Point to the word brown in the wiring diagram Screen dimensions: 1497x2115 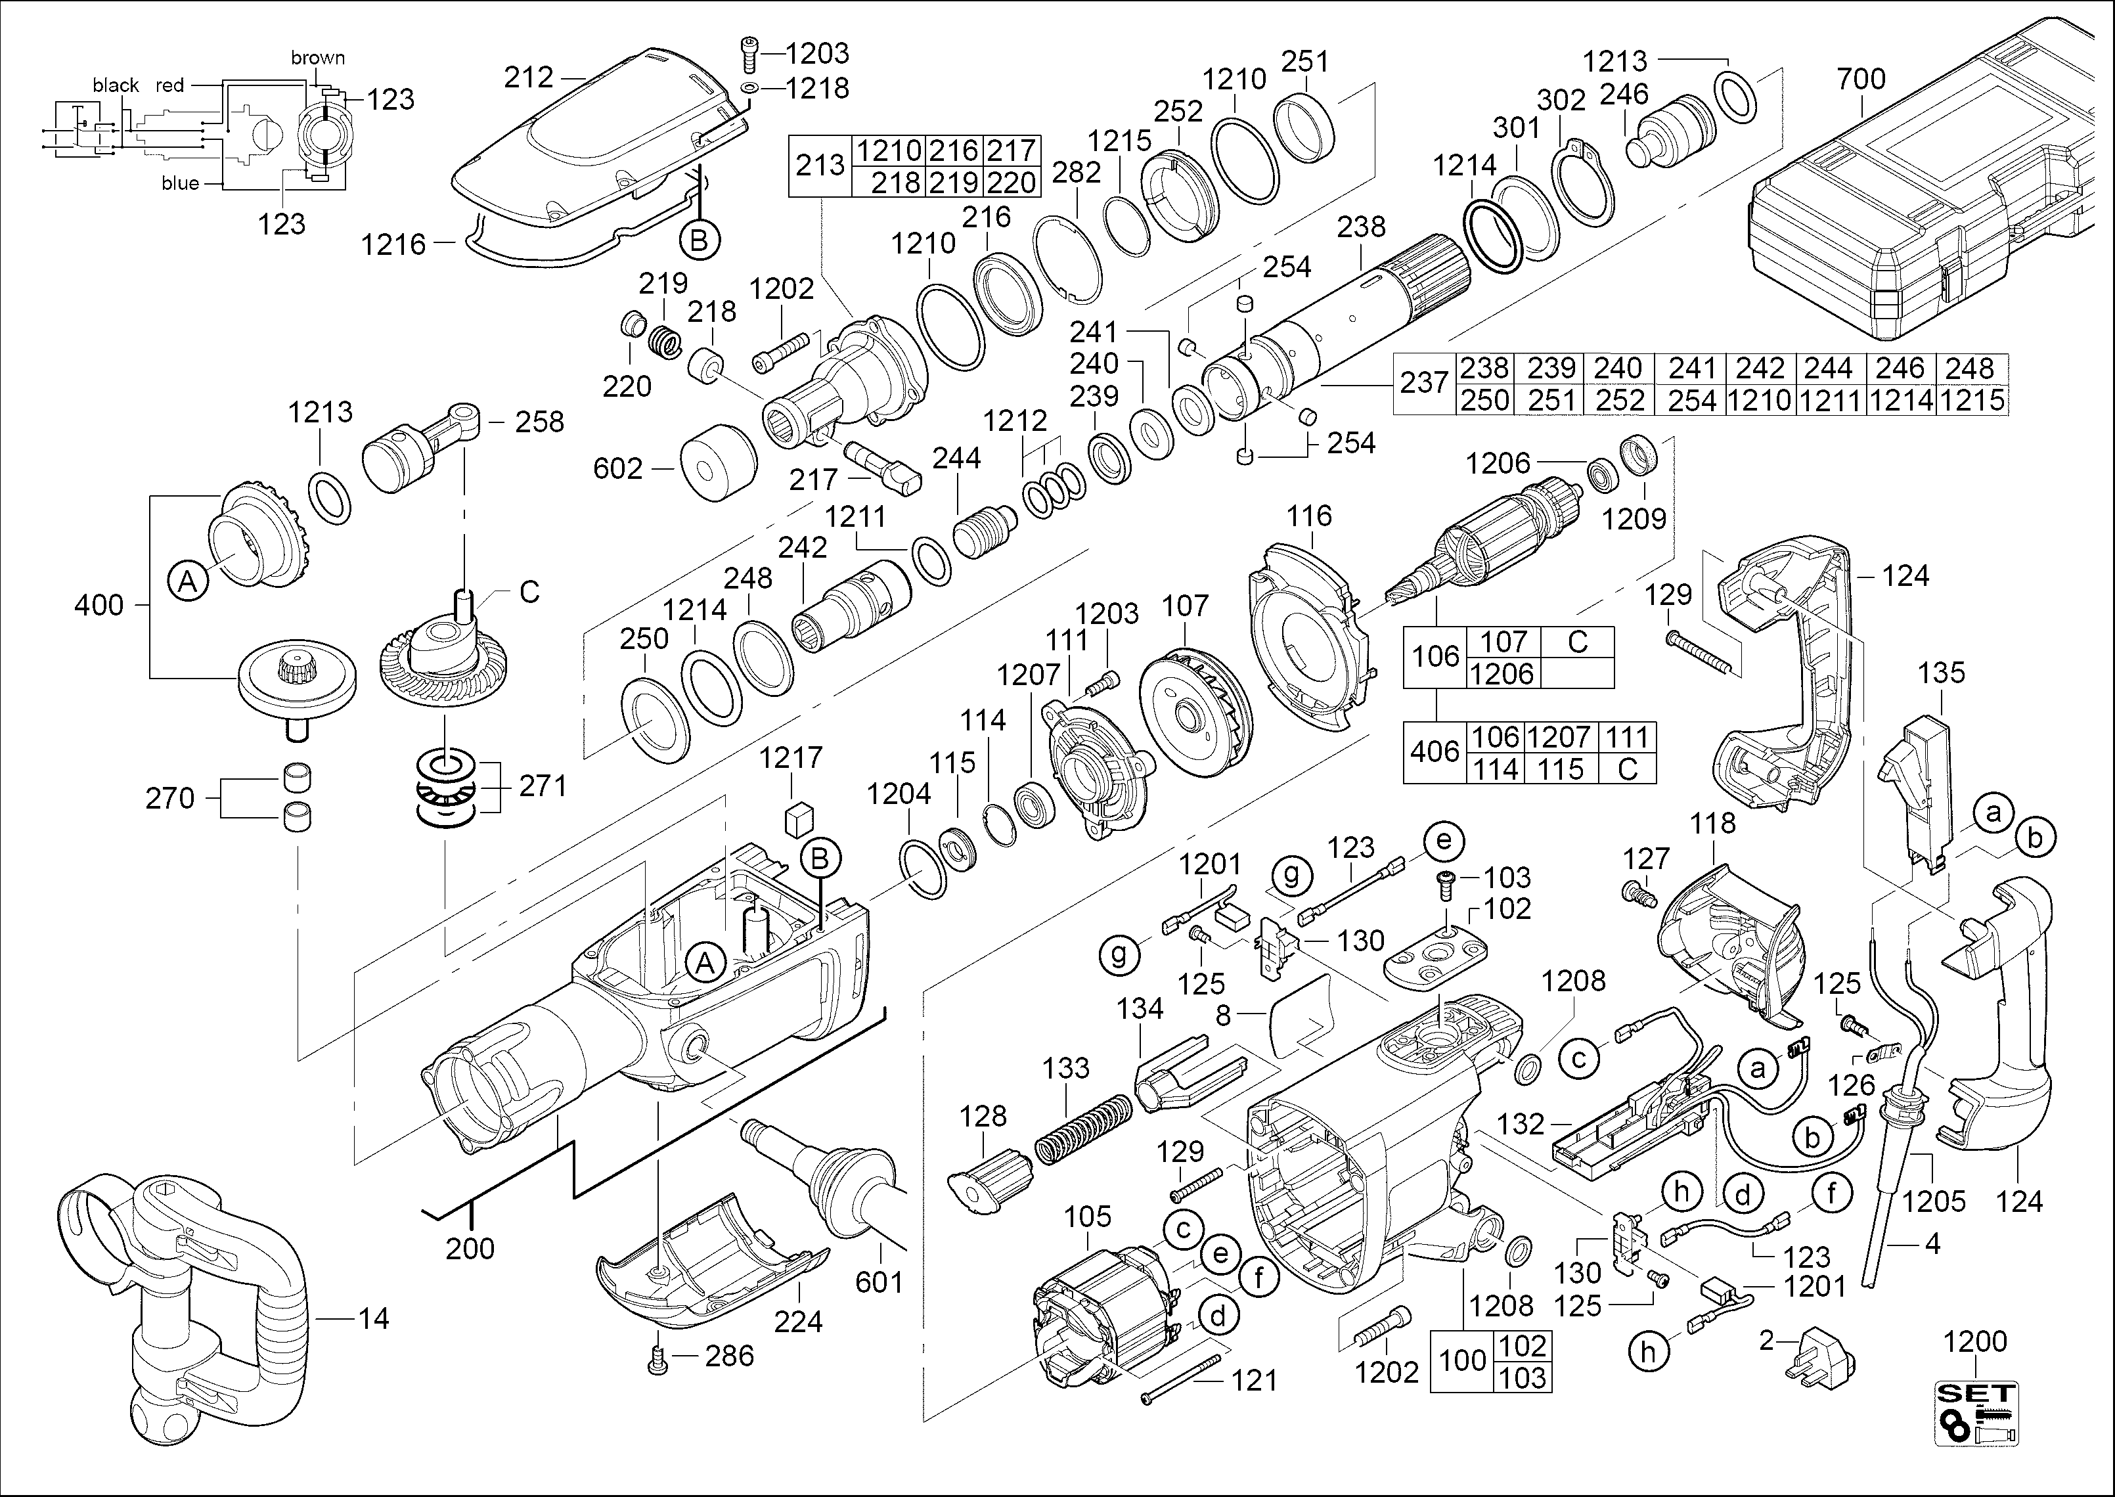(x=318, y=57)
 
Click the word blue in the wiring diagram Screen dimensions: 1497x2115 (x=180, y=183)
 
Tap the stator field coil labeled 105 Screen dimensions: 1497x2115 (x=1106, y=1309)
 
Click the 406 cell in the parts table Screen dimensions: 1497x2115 (x=1434, y=752)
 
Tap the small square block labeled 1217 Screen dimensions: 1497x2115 (x=798, y=818)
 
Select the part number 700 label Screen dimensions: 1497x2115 (x=1861, y=79)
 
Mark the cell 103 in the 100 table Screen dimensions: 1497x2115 (x=1523, y=1377)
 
